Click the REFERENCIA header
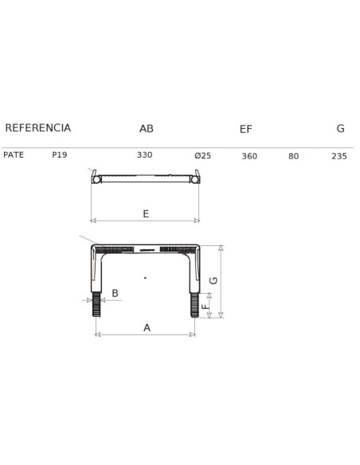pos(38,128)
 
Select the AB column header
pos(147,129)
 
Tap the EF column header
pos(246,129)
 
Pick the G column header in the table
pos(340,128)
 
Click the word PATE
pos(14,154)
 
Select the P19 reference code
pos(60,154)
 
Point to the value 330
pos(145,154)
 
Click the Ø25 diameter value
pos(203,156)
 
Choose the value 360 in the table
pos(249,156)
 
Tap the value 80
pos(294,156)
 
